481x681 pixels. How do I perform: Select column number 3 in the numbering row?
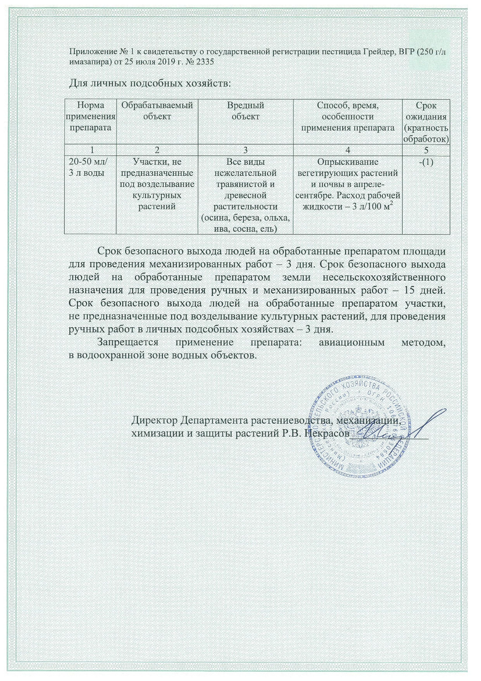tap(245, 150)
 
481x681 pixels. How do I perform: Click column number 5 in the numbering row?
tap(426, 150)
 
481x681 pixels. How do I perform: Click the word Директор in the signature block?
tap(155, 420)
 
